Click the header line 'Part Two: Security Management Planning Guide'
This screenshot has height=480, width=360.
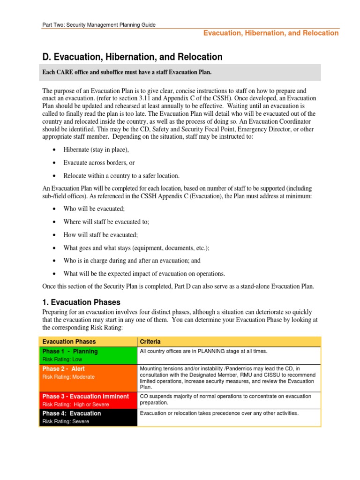click(99, 24)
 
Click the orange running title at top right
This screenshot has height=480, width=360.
click(270, 33)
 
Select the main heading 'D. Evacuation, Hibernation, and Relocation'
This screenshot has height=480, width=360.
click(132, 57)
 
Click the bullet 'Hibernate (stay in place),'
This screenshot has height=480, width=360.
click(96, 150)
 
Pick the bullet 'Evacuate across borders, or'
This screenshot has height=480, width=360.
click(99, 163)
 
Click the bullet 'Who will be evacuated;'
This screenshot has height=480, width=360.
click(94, 209)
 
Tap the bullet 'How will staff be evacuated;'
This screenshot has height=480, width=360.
click(100, 235)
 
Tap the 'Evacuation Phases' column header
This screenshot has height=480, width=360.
click(69, 341)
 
